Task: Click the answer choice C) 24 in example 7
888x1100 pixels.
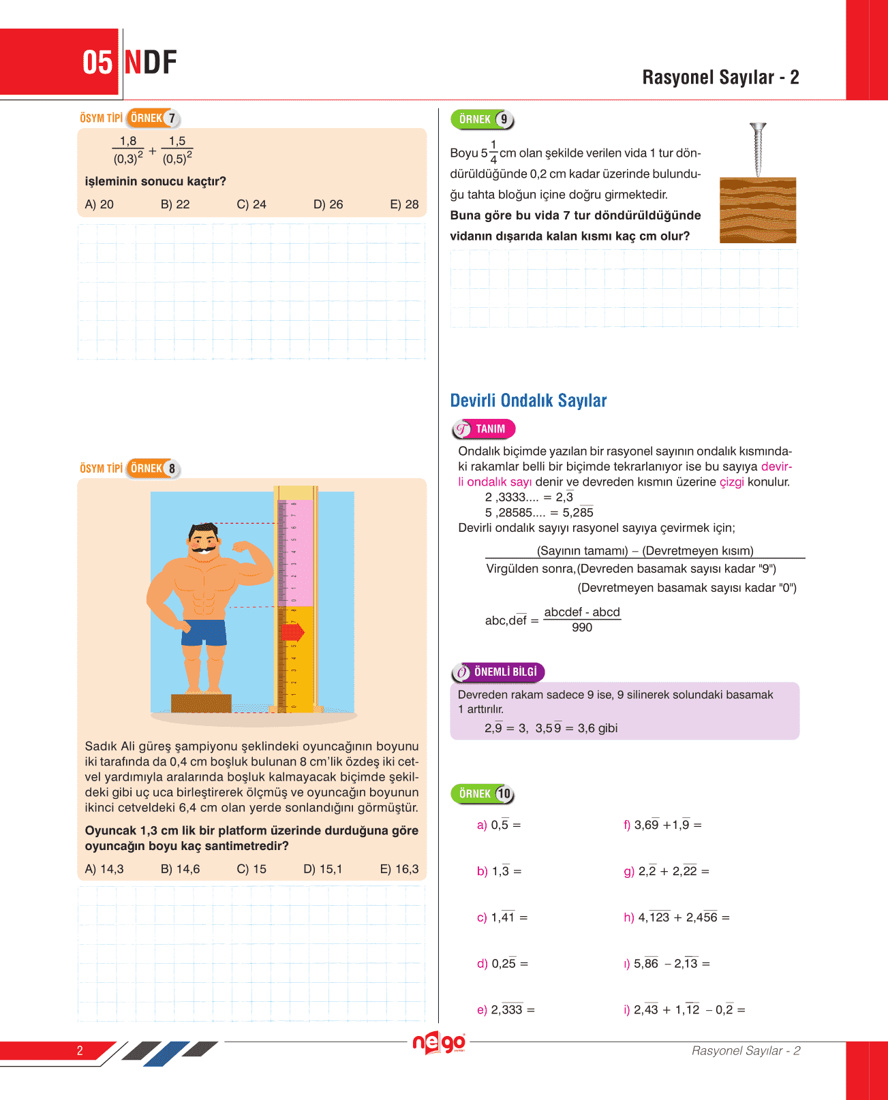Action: pyautogui.click(x=251, y=204)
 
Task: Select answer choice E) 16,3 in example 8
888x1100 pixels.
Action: pyautogui.click(x=399, y=869)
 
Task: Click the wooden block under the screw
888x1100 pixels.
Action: pyautogui.click(x=758, y=210)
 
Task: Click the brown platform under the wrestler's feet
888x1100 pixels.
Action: pyautogui.click(x=201, y=702)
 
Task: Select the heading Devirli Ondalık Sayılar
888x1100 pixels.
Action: pyautogui.click(x=528, y=400)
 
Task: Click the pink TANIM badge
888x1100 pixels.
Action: pyautogui.click(x=484, y=429)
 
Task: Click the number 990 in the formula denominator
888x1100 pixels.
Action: pyautogui.click(x=582, y=627)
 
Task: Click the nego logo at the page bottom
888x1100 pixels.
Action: pyautogui.click(x=440, y=1043)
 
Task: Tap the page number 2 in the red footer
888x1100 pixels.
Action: pyautogui.click(x=80, y=1050)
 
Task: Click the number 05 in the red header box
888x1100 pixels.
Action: pyautogui.click(x=97, y=63)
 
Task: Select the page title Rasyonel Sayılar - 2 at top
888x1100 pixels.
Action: pyautogui.click(x=720, y=78)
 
